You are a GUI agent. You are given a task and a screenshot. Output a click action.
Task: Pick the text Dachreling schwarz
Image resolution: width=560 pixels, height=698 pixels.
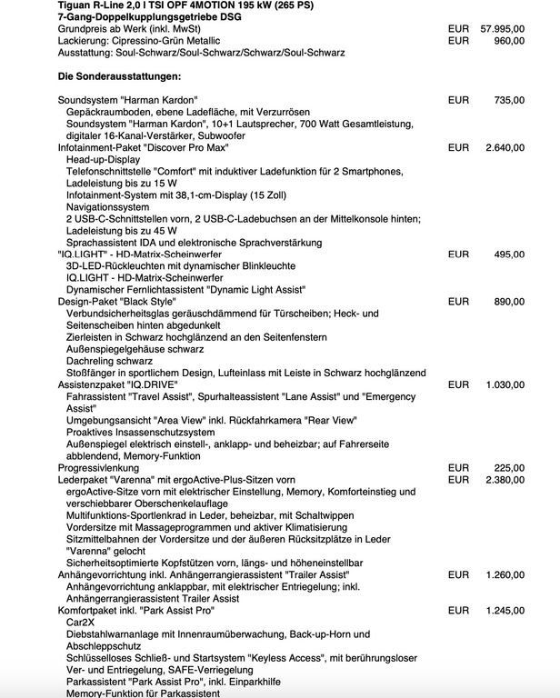(109, 361)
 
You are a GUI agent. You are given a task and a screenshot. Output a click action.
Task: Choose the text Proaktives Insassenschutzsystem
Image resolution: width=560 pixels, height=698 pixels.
(144, 432)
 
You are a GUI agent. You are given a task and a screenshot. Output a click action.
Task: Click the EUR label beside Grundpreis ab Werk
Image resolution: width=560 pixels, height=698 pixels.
(458, 29)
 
